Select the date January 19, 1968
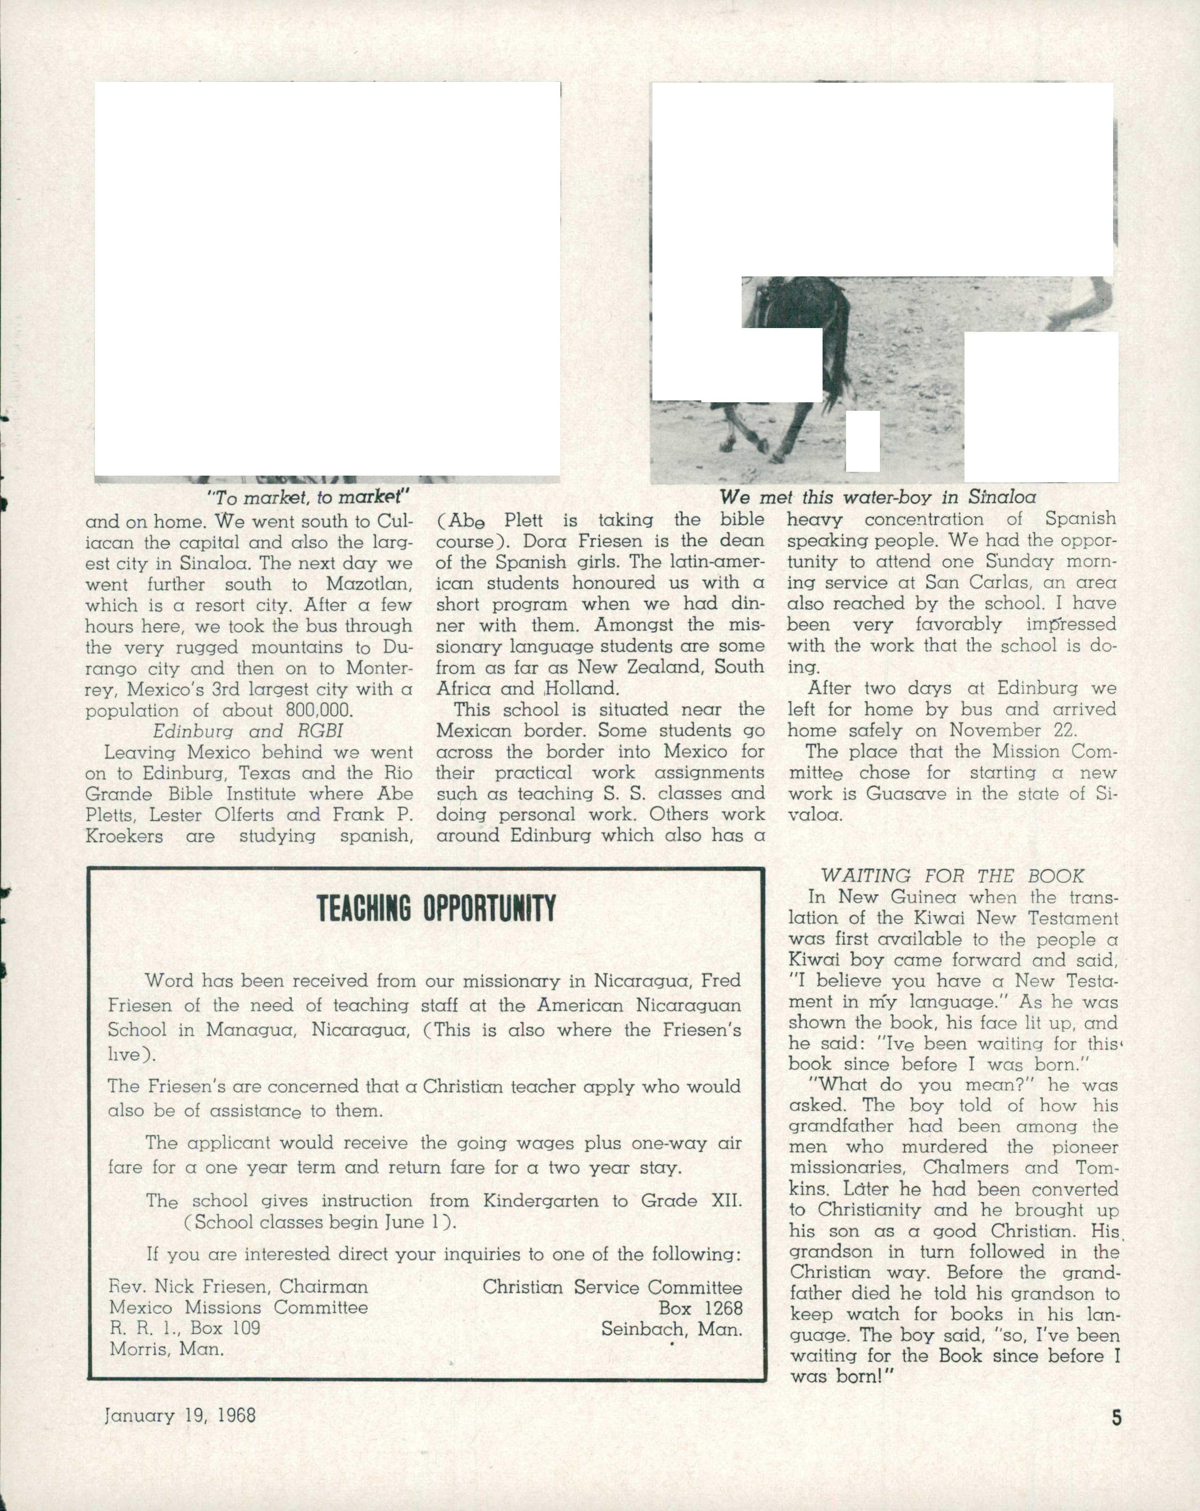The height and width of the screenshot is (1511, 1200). (180, 1415)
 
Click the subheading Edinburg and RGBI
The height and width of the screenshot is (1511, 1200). (248, 731)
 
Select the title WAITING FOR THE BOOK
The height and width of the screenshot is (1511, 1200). (952, 876)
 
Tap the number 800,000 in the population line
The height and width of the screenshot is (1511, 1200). (319, 711)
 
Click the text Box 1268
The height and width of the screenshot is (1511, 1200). (700, 1308)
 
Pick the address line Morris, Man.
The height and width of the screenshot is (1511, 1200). (167, 1349)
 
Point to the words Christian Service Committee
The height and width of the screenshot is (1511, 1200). (612, 1287)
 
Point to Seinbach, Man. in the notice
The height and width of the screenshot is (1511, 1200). (672, 1330)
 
